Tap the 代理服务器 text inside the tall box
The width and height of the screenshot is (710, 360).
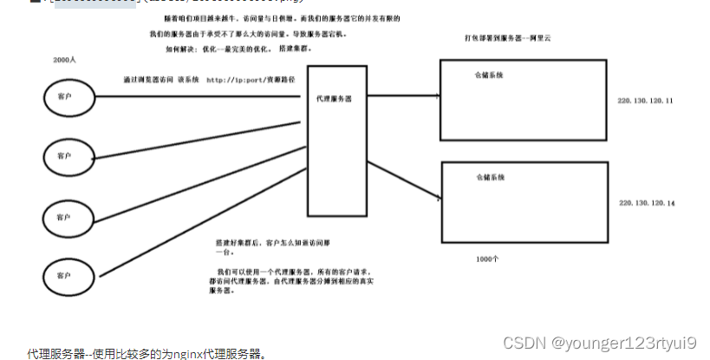pos(334,100)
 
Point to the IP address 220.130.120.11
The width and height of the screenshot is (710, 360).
pos(645,101)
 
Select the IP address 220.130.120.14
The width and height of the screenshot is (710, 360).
pos(647,202)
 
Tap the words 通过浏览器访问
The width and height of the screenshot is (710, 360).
pos(149,79)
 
